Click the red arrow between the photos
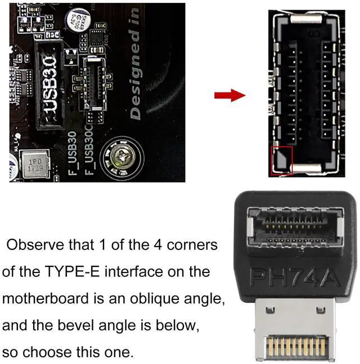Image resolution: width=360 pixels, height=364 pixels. pos(229,95)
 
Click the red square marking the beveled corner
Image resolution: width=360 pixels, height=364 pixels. pos(282,160)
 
